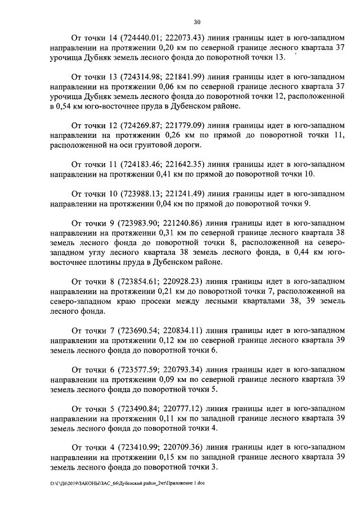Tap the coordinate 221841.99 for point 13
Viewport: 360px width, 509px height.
tap(183, 76)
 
